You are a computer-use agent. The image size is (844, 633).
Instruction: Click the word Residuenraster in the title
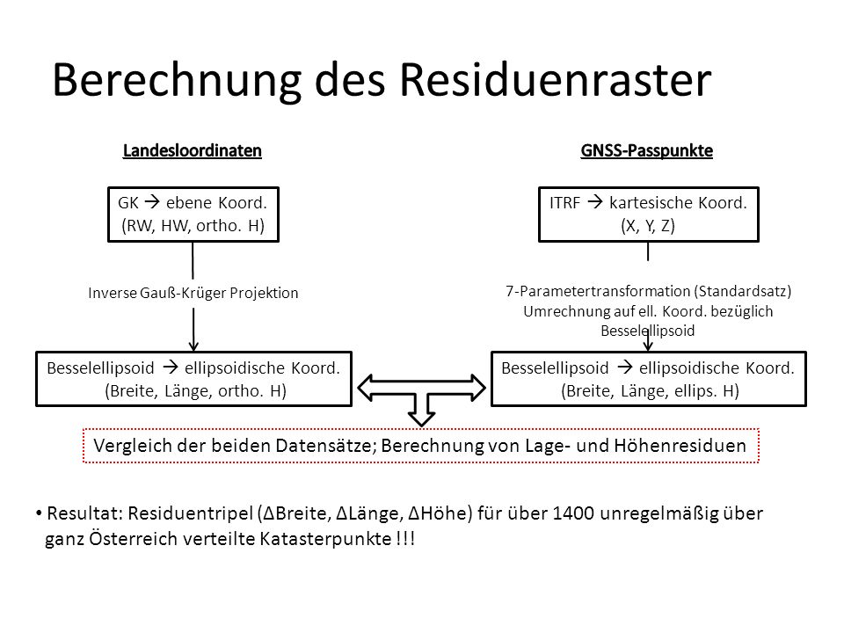coord(556,80)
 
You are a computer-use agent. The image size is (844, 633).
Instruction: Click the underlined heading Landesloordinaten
coord(193,150)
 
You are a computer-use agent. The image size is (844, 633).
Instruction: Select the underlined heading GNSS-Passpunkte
coord(646,150)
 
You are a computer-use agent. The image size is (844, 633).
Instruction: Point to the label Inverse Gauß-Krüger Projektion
coord(193,293)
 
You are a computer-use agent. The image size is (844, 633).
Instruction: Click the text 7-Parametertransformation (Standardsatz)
coord(649,291)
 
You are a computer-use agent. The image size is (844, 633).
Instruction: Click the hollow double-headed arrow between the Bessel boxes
coord(421,388)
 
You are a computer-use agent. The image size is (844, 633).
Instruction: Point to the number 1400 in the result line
coord(573,513)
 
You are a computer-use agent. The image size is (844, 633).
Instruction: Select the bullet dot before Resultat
coord(39,513)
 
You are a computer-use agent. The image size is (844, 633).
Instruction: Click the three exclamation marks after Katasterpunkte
coord(404,538)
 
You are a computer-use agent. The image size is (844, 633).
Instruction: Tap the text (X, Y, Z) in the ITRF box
coord(648,226)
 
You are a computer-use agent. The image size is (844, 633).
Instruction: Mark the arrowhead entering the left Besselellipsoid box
coord(193,345)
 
